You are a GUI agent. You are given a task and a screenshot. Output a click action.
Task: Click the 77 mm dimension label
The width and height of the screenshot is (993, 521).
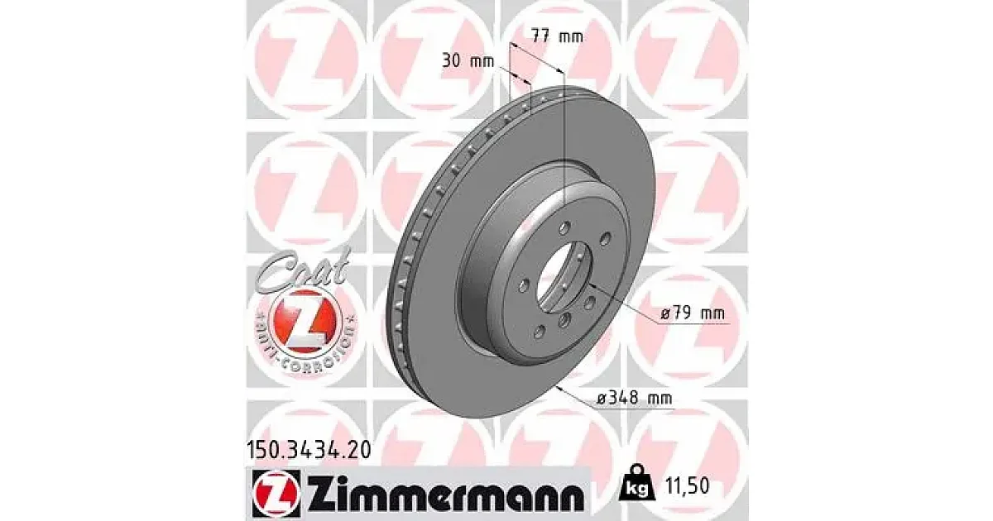557,36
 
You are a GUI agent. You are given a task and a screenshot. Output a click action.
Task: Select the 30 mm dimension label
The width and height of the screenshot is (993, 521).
468,61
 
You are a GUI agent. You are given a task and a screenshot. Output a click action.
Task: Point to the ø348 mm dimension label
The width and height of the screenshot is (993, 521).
635,398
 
